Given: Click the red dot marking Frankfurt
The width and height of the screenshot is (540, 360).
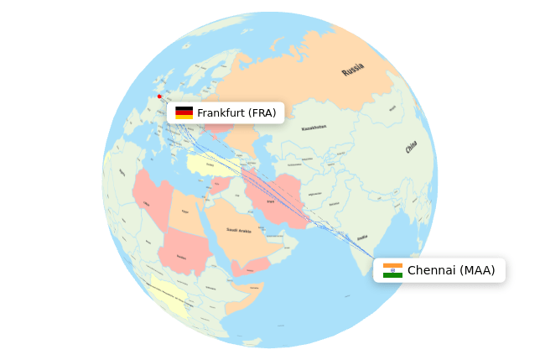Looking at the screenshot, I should (159, 97).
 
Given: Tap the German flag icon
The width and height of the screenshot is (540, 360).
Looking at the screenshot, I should (184, 112).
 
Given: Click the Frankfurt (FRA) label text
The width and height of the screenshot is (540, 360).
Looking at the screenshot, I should (236, 112).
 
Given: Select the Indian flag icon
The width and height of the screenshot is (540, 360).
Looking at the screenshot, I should (392, 270).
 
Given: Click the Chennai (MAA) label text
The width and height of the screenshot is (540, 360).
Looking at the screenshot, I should (451, 270).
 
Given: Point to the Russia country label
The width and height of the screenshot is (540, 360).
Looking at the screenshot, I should (353, 69).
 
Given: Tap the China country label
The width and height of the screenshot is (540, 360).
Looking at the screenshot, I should (411, 148).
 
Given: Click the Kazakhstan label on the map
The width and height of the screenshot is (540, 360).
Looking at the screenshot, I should (314, 128).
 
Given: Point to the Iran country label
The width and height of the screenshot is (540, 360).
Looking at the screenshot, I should (271, 201).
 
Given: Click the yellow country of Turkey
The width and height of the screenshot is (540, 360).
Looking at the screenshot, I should (210, 164).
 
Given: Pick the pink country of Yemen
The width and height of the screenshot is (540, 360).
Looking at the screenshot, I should (250, 267).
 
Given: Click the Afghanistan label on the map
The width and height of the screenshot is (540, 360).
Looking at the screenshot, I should (314, 194).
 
